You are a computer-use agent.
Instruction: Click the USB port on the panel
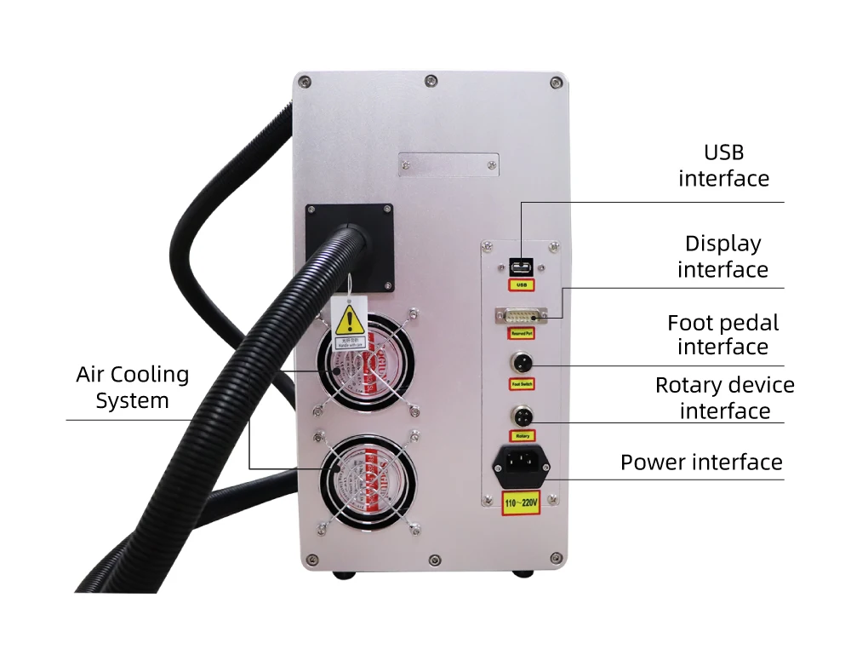pyautogui.click(x=521, y=265)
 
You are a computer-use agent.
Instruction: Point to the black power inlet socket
pyautogui.click(x=522, y=464)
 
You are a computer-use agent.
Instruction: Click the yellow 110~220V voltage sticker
pyautogui.click(x=521, y=503)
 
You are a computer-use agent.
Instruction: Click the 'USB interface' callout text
pyautogui.click(x=723, y=165)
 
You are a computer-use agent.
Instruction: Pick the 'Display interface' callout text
pyautogui.click(x=722, y=256)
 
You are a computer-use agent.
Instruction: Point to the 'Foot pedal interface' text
pyautogui.click(x=722, y=335)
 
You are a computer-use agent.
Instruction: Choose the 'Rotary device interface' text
pyautogui.click(x=724, y=398)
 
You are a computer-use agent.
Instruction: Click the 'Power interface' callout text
pyautogui.click(x=701, y=462)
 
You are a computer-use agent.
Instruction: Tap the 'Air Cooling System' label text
pyautogui.click(x=132, y=388)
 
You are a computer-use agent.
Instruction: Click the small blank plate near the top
pyautogui.click(x=448, y=164)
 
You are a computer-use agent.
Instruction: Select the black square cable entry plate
pyautogui.click(x=350, y=247)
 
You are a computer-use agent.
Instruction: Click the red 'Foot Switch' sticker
pyautogui.click(x=521, y=384)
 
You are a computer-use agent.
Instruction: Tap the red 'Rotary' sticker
pyautogui.click(x=522, y=436)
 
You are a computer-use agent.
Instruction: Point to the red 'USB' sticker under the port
pyautogui.click(x=521, y=284)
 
